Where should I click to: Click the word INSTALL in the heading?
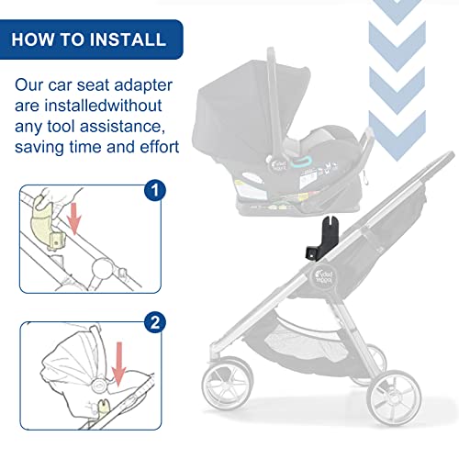(120, 39)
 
